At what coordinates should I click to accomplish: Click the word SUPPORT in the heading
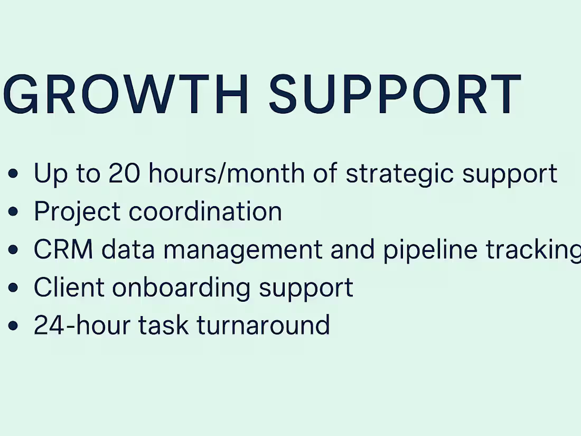click(395, 95)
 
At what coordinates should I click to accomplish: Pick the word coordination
click(205, 211)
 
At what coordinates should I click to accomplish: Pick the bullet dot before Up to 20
click(14, 174)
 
